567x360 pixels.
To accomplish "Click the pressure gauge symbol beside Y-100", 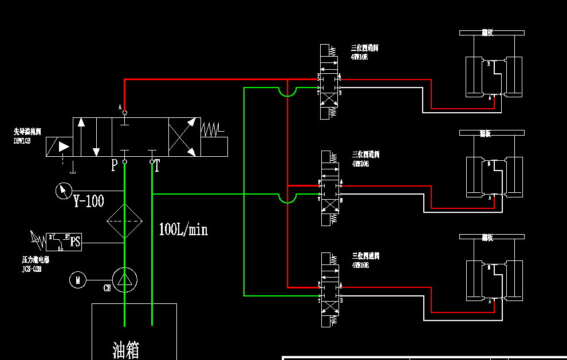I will (63, 190).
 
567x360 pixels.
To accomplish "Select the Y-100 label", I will (89, 201).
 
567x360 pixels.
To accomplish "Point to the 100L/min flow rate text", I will (183, 230).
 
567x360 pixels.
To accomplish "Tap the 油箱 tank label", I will (125, 349).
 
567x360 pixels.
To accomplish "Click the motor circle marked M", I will (77, 280).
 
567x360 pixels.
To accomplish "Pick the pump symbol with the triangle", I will (124, 279).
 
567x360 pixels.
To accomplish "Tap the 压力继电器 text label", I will (36, 259).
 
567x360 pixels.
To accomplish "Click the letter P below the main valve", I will (115, 166).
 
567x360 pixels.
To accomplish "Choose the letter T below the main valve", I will (157, 166).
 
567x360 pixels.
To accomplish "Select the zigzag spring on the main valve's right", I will (210, 129).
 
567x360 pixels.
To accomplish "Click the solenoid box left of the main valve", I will (59, 147).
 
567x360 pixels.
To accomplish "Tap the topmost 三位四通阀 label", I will (365, 48).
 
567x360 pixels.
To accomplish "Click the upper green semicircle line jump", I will (287, 92).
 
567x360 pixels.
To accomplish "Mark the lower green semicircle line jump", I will (287, 198).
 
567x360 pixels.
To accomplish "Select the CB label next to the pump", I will (107, 288).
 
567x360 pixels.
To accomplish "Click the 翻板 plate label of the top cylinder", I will (487, 33).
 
